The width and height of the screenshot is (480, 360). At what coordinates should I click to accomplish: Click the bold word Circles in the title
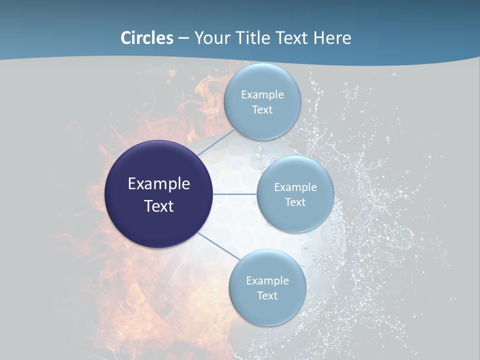tap(147, 38)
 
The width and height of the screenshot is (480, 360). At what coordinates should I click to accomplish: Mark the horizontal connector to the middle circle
tap(235, 194)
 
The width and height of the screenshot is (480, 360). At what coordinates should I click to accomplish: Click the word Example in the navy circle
tap(159, 184)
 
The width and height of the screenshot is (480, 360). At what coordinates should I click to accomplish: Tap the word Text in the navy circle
tap(159, 206)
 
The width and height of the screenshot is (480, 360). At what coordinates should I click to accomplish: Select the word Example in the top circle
tap(262, 95)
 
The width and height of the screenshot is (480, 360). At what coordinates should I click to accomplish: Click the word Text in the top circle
tap(262, 110)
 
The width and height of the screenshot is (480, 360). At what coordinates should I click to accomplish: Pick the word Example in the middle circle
tap(295, 187)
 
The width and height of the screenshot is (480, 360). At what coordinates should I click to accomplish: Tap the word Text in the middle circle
tap(295, 202)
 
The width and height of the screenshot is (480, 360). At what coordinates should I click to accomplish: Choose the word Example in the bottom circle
tap(267, 281)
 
